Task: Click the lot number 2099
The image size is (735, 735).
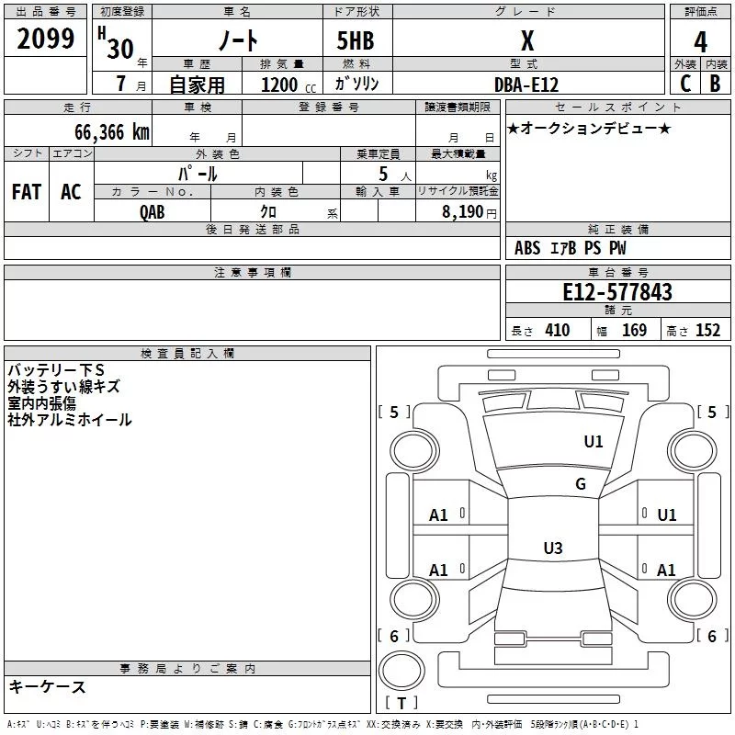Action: click(x=45, y=39)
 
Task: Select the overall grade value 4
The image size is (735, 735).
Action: click(x=700, y=42)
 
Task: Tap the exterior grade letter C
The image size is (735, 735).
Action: click(x=685, y=84)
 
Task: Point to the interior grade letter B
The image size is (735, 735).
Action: click(x=715, y=84)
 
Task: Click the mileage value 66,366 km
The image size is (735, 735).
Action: click(x=112, y=132)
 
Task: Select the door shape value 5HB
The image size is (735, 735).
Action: click(x=356, y=40)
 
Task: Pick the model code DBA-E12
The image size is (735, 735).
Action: click(x=526, y=85)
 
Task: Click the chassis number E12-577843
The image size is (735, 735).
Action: click(x=617, y=292)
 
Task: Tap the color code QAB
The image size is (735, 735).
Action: click(x=153, y=212)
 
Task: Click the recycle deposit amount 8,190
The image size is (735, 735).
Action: click(x=462, y=212)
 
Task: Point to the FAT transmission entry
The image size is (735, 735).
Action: click(x=27, y=192)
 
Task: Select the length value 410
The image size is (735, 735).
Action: click(x=558, y=330)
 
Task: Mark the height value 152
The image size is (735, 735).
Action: click(x=707, y=330)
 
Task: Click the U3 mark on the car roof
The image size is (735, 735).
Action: click(x=553, y=548)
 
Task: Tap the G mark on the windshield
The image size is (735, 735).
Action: click(x=581, y=484)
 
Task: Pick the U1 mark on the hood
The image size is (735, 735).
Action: click(x=594, y=442)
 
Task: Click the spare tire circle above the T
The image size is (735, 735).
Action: click(x=401, y=671)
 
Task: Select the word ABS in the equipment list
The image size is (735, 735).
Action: click(x=527, y=248)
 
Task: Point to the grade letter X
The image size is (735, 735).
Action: click(x=527, y=41)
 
